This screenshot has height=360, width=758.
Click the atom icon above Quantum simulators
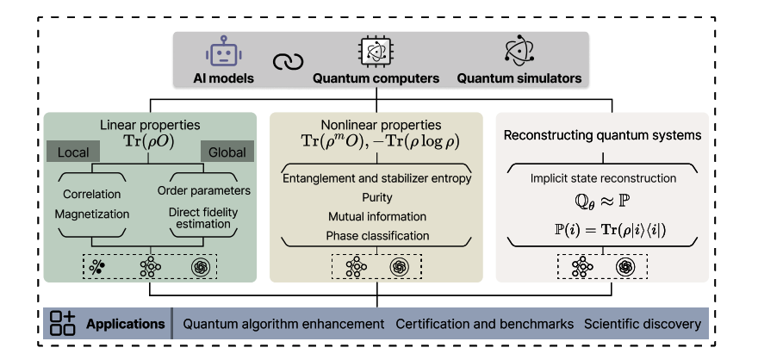pyautogui.click(x=519, y=53)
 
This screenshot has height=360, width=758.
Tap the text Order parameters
pyautogui.click(x=203, y=190)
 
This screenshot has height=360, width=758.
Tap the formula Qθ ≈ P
pyautogui.click(x=601, y=205)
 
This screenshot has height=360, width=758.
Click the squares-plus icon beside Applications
pyautogui.click(x=63, y=324)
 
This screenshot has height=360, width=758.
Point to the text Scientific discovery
pyautogui.click(x=642, y=325)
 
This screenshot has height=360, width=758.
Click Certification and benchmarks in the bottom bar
pyautogui.click(x=484, y=325)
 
